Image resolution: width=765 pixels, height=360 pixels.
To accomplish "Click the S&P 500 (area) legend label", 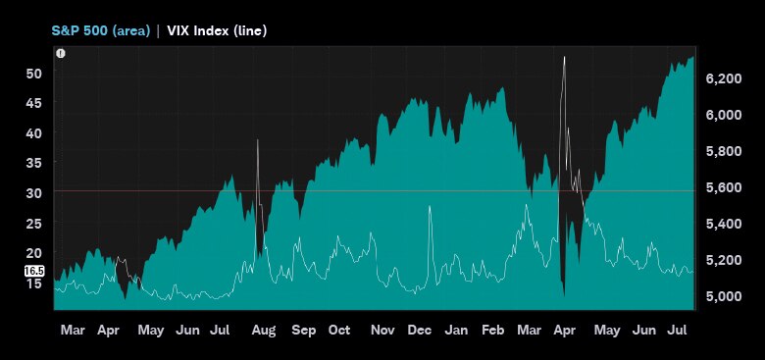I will (100, 30).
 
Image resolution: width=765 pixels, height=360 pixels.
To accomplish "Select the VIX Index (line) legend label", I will (215, 30).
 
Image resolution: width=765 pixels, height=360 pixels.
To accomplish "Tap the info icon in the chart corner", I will (61, 53).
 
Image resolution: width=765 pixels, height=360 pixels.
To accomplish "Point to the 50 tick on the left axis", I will (33, 74).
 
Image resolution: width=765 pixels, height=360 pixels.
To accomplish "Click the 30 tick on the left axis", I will (33, 193).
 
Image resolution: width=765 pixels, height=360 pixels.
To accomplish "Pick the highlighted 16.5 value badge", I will (33, 270).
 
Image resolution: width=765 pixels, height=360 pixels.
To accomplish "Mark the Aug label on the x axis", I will (263, 331).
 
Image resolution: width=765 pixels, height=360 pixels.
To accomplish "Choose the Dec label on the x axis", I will (419, 331).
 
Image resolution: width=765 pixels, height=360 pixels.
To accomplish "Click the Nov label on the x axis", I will (382, 331).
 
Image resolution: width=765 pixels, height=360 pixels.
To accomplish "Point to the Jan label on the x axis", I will (456, 331).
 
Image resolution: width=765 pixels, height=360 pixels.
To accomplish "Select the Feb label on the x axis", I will (493, 331).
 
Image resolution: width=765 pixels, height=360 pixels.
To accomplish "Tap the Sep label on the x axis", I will (303, 331).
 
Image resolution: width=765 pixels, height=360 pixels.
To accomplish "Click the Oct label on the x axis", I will (339, 331).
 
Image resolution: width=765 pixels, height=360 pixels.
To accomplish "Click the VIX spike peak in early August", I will (258, 140).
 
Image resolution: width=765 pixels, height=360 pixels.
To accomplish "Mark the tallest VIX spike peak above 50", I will (564, 57).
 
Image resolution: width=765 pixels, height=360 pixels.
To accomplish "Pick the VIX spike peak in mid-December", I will (430, 206).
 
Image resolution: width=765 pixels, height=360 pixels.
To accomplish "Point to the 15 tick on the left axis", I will (33, 283).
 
